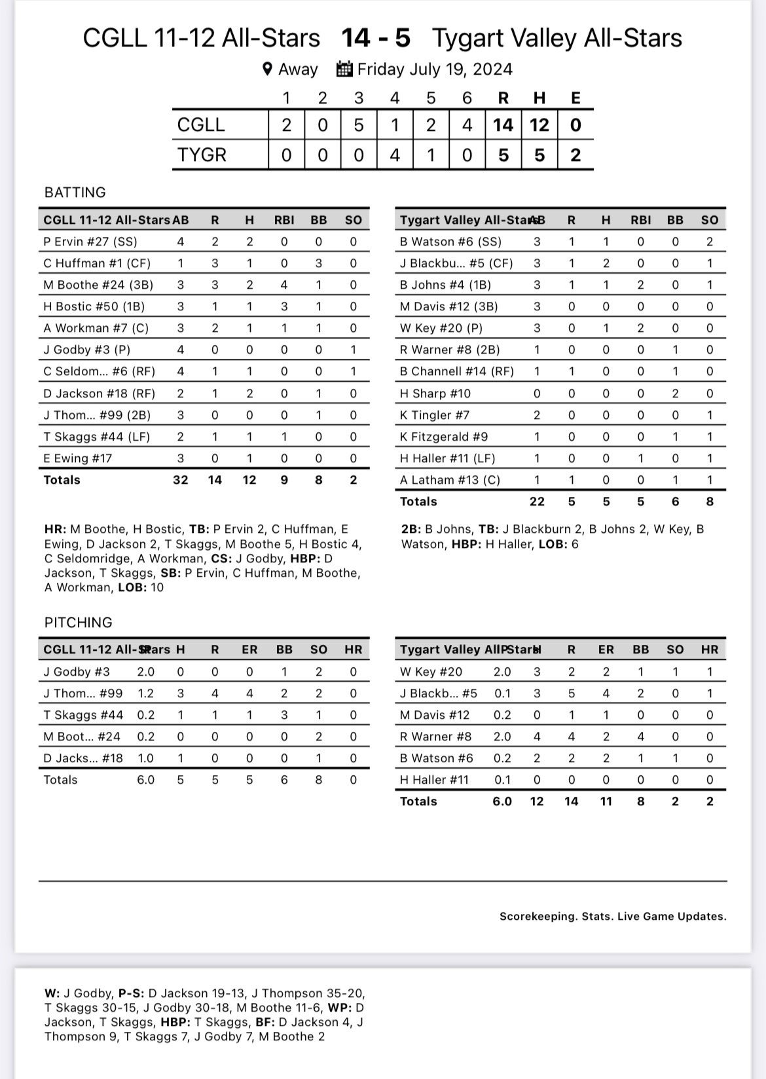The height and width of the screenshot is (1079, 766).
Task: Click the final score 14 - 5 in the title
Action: click(x=376, y=38)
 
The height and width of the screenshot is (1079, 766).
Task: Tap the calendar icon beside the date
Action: click(x=344, y=69)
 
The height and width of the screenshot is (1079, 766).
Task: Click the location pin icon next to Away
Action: click(x=267, y=69)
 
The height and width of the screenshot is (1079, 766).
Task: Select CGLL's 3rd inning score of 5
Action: click(x=359, y=125)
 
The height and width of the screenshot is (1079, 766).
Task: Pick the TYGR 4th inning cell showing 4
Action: click(x=395, y=155)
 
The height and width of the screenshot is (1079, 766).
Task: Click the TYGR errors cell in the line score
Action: click(x=575, y=155)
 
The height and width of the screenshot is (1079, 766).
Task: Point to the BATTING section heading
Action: click(x=75, y=192)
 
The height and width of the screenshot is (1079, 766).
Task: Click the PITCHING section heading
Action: click(x=79, y=622)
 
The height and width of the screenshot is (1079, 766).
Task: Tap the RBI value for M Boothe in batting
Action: click(x=284, y=285)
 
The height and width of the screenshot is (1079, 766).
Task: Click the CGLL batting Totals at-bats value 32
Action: click(x=180, y=480)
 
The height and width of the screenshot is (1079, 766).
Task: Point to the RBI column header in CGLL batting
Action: click(x=284, y=221)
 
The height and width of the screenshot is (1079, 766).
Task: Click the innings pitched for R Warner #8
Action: click(x=502, y=737)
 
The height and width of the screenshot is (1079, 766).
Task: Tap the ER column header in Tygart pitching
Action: click(x=606, y=650)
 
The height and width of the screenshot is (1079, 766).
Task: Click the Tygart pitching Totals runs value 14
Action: click(x=572, y=801)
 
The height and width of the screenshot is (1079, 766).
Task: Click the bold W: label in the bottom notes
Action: click(x=52, y=993)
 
